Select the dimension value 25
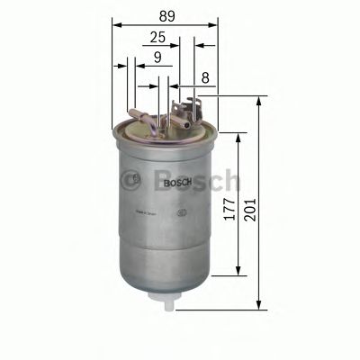click(x=157, y=38)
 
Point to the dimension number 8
click(x=207, y=78)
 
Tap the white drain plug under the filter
click(x=166, y=301)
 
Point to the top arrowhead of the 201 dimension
click(x=258, y=96)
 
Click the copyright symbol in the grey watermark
click(x=135, y=178)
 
